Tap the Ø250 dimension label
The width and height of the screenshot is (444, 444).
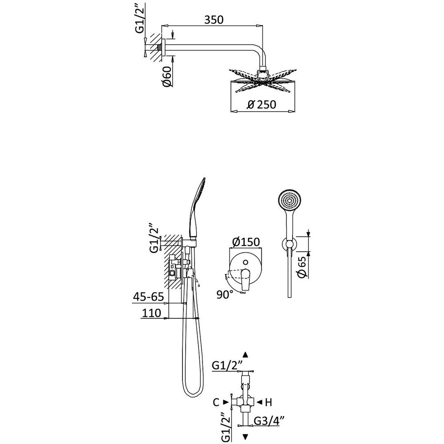pyautogui.click(x=262, y=104)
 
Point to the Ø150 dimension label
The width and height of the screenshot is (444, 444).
pyautogui.click(x=246, y=242)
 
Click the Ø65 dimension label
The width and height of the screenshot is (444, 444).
pyautogui.click(x=301, y=268)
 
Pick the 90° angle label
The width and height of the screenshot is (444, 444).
pyautogui.click(x=225, y=294)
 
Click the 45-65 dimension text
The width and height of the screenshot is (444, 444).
pyautogui.click(x=148, y=296)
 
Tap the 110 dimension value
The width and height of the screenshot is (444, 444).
pyautogui.click(x=151, y=313)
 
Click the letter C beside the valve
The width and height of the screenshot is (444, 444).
pyautogui.click(x=216, y=402)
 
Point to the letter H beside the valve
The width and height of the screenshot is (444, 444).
pyautogui.click(x=268, y=402)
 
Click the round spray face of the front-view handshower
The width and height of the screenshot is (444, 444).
pyautogui.click(x=288, y=201)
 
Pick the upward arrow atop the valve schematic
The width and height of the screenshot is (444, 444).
pyautogui.click(x=245, y=354)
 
